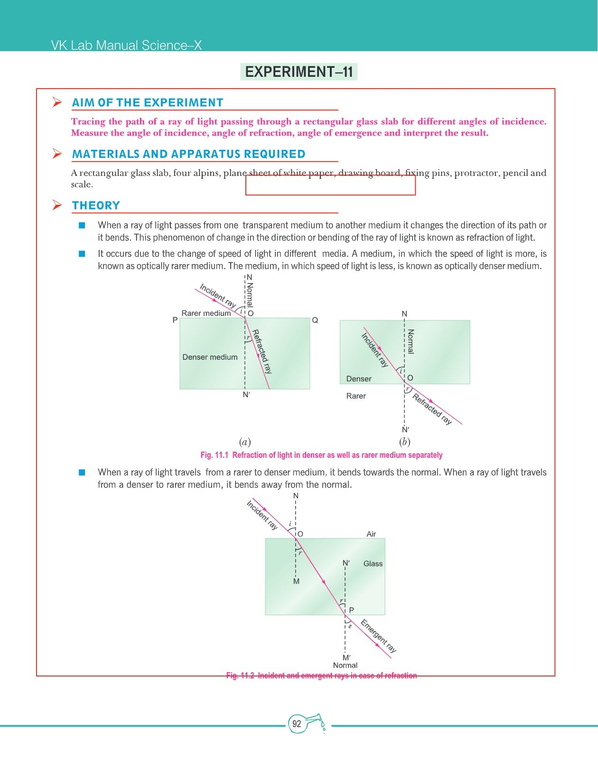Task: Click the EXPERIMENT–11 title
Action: click(x=299, y=72)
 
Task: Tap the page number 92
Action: click(x=297, y=724)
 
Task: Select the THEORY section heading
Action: click(x=96, y=206)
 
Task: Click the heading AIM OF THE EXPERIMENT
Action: click(x=148, y=103)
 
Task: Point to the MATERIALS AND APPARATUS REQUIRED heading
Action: click(x=188, y=154)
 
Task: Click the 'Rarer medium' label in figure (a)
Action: click(x=206, y=313)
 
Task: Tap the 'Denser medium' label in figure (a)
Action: click(x=210, y=357)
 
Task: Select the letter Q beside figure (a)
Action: click(x=315, y=320)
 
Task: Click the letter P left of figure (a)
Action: click(x=175, y=320)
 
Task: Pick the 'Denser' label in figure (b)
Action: click(x=359, y=379)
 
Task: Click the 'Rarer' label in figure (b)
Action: click(x=356, y=396)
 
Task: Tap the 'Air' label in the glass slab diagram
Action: click(x=371, y=534)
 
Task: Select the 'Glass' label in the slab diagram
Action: click(x=373, y=564)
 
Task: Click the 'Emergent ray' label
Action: click(x=378, y=636)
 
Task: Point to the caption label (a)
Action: click(x=245, y=442)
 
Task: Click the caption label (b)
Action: click(x=404, y=442)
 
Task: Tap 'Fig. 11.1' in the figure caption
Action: click(x=215, y=455)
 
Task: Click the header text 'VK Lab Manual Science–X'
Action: click(x=126, y=46)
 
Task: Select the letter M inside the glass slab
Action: click(x=296, y=582)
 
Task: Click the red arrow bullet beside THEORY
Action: click(x=57, y=205)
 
